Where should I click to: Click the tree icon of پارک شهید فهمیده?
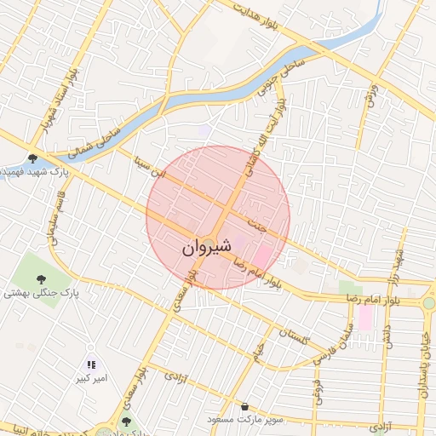(32, 158)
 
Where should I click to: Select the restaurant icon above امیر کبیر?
(91, 364)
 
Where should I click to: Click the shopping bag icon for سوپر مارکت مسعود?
(246, 406)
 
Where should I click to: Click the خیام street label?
(257, 350)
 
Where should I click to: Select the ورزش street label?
(369, 96)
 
